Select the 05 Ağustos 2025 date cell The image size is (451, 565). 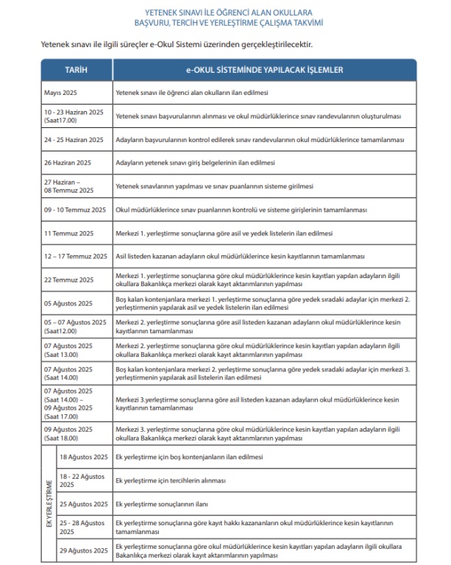click(68, 303)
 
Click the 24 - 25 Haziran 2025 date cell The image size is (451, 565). click(72, 139)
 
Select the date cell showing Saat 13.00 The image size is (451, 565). click(68, 349)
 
